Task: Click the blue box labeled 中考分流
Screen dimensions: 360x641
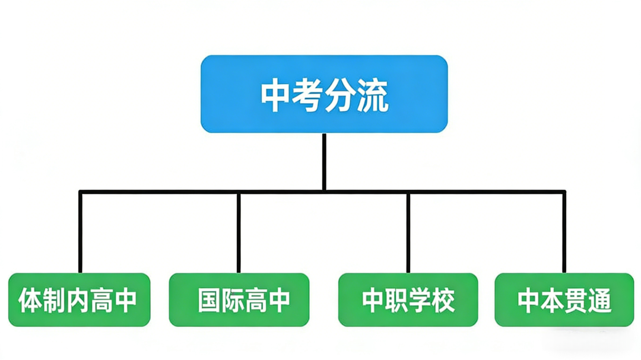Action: [x=324, y=93]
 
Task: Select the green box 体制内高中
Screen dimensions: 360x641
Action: [x=80, y=300]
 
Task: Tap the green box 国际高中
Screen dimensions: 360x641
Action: [x=239, y=300]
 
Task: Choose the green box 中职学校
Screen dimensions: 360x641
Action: [x=408, y=300]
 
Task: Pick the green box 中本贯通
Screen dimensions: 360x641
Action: [x=564, y=300]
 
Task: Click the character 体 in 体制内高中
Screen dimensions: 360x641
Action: [x=29, y=300]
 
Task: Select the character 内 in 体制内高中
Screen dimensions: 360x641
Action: [x=78, y=300]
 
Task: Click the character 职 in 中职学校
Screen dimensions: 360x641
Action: [x=396, y=300]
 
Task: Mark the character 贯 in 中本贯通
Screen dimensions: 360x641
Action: [x=576, y=300]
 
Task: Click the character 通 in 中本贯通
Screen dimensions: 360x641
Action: [x=599, y=300]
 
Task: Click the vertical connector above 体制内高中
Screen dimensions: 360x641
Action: [x=80, y=231]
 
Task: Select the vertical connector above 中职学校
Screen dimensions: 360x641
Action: [x=408, y=231]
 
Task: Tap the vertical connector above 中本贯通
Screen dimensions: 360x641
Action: [x=564, y=231]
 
